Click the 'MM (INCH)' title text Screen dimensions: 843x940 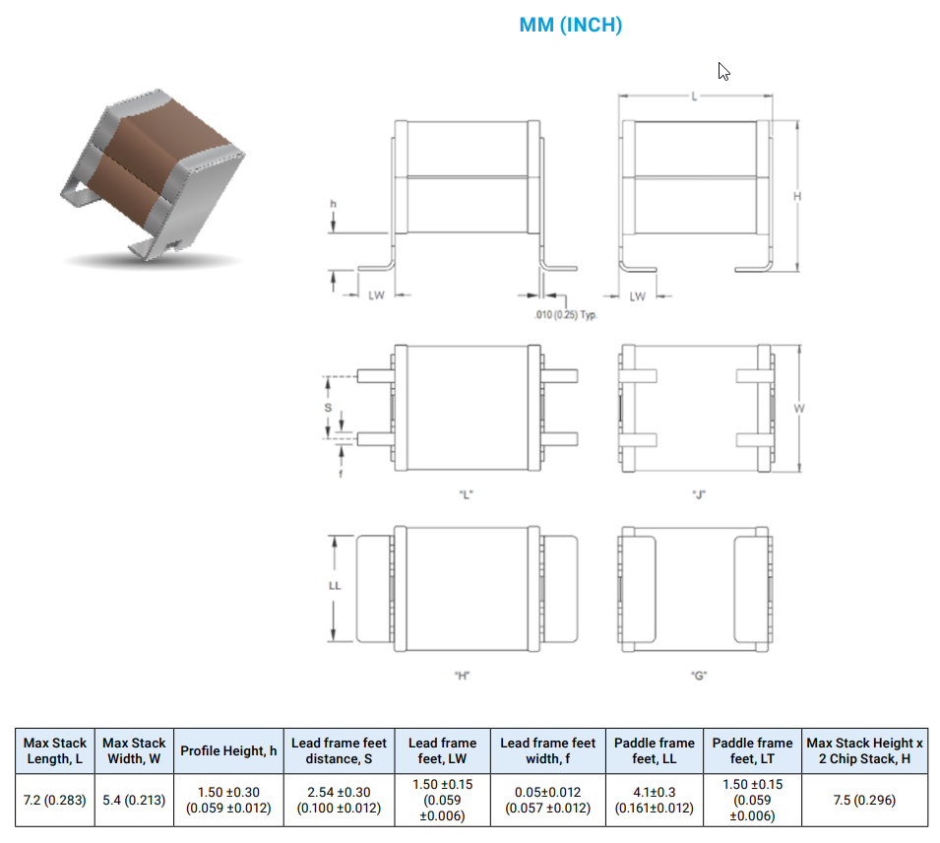[571, 26]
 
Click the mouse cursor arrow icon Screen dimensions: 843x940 [723, 71]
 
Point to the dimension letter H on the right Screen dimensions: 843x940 [797, 196]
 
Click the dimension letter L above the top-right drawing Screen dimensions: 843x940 [695, 97]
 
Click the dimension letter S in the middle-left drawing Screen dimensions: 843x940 [329, 407]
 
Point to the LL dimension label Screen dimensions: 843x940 [334, 586]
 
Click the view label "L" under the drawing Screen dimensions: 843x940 [467, 494]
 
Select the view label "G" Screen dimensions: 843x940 [700, 676]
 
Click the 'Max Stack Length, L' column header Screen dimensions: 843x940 [55, 750]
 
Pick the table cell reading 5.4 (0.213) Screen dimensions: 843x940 [134, 800]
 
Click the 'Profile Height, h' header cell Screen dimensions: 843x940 [228, 750]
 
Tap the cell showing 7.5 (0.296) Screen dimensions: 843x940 [864, 800]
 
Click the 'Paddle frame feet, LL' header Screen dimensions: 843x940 [655, 750]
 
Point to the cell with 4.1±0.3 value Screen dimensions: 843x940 [655, 800]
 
